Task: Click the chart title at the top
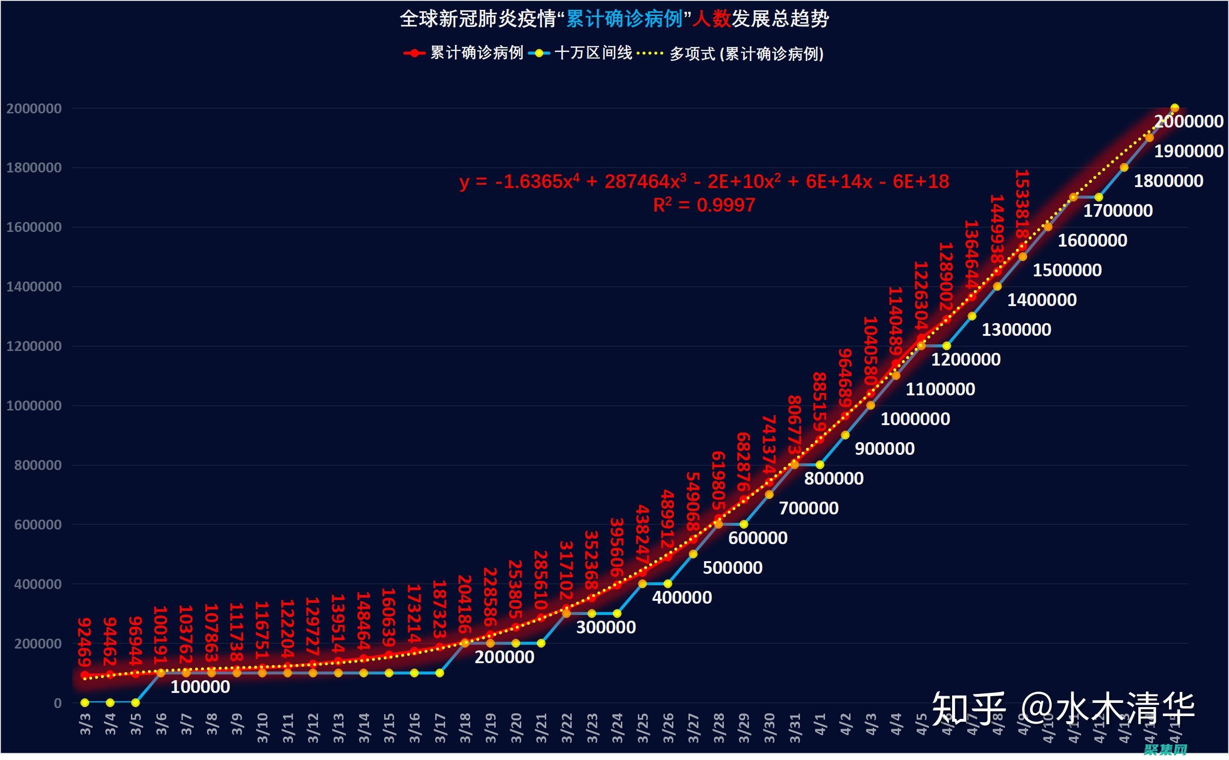(x=614, y=19)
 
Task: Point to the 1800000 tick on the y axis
(x=34, y=168)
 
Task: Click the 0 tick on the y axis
(x=58, y=703)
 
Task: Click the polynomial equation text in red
(x=704, y=181)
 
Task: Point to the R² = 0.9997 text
(x=704, y=205)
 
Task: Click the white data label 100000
(x=200, y=687)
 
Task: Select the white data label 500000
(x=732, y=568)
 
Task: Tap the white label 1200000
(x=966, y=359)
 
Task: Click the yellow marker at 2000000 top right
(x=1175, y=108)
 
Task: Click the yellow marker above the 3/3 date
(x=85, y=703)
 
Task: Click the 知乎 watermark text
(x=968, y=708)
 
